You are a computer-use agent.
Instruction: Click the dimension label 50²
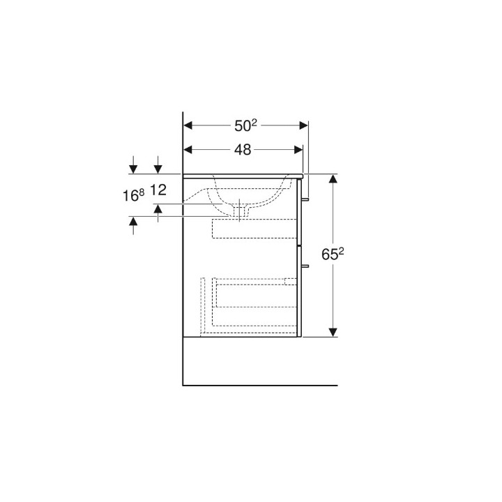[x=245, y=125]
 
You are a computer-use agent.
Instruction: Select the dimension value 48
[x=243, y=149]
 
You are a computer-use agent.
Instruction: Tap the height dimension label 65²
[x=334, y=255]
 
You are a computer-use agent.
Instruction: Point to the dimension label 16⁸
[x=133, y=195]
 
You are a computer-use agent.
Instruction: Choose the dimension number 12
[x=158, y=189]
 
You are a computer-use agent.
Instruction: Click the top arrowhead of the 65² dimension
[x=333, y=179]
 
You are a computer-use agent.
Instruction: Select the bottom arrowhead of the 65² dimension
[x=333, y=331]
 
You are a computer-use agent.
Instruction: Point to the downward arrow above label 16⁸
[x=133, y=168]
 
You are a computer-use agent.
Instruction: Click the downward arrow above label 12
[x=158, y=168]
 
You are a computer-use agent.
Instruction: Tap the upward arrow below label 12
[x=158, y=208]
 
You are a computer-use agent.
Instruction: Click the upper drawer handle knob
[x=305, y=199]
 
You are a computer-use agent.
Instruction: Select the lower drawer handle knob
[x=305, y=266]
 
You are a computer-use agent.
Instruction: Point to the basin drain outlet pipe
[x=241, y=210]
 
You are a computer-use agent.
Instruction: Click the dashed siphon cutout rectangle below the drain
[x=254, y=228]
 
